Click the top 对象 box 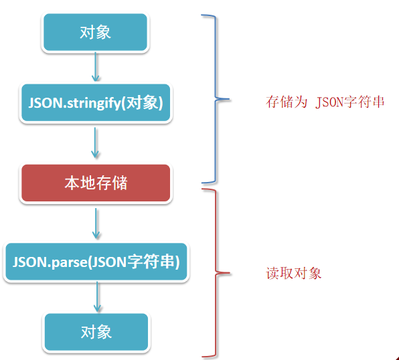[95, 32]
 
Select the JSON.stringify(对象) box [96, 103]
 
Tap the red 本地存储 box [96, 183]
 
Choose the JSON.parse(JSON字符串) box [96, 262]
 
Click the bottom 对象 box [96, 332]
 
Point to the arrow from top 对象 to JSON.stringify [96, 67]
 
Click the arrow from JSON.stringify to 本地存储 [95, 143]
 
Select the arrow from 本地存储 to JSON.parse [96, 223]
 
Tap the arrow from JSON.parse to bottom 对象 [97, 297]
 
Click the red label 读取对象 [294, 274]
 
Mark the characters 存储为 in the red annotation [287, 102]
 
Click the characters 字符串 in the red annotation [364, 102]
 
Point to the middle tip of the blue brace [229, 99]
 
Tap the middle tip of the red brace [230, 273]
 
